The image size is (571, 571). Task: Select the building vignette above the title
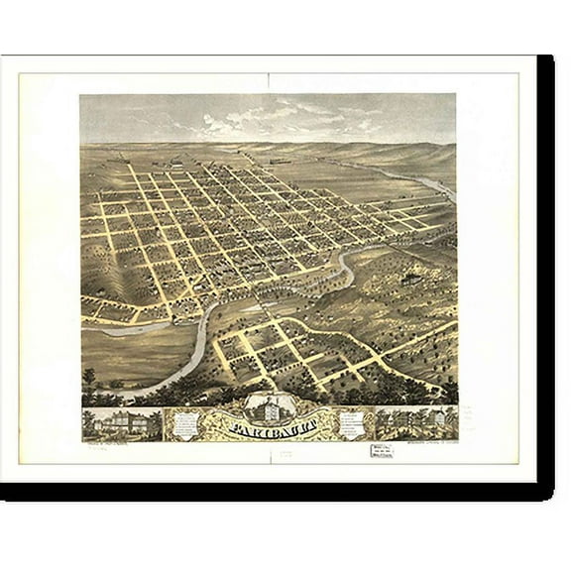pyautogui.click(x=270, y=404)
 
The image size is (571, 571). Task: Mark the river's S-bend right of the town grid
pyautogui.click(x=347, y=266)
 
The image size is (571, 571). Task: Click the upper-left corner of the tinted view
pyautogui.click(x=81, y=95)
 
